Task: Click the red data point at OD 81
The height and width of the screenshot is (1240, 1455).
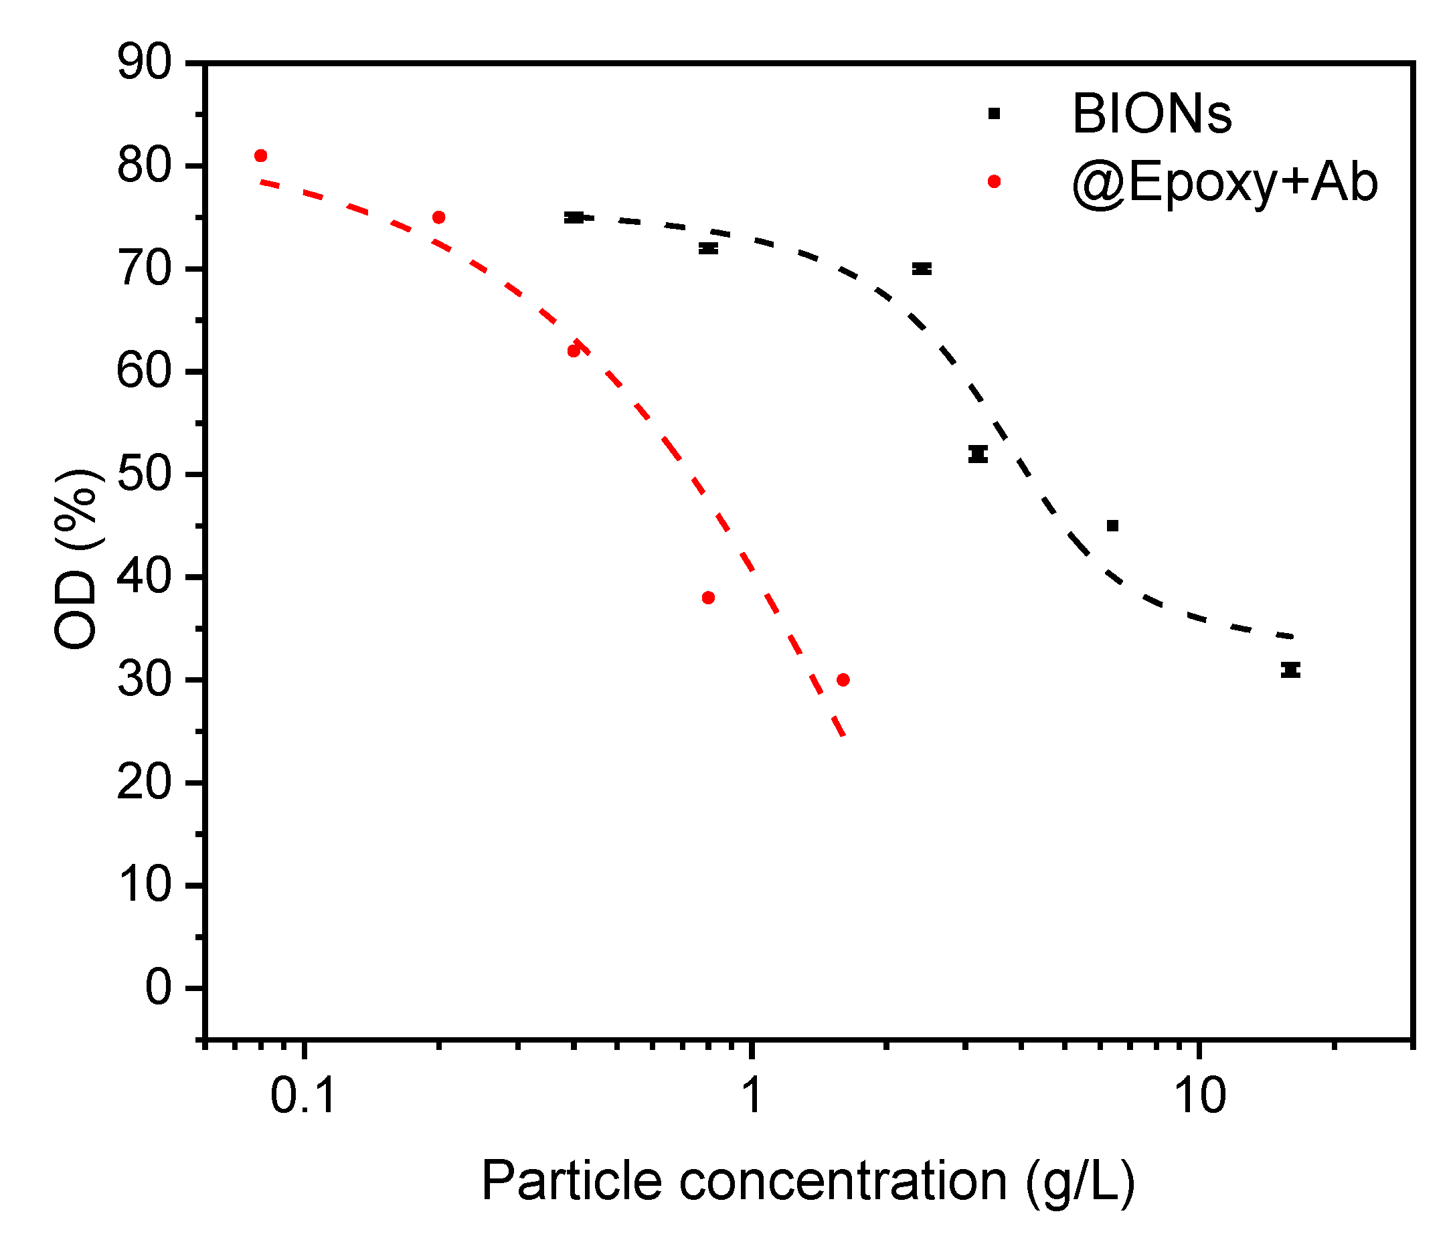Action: coord(260,156)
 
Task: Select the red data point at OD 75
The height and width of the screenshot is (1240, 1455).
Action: coord(439,217)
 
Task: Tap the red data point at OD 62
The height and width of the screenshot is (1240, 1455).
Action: coord(574,351)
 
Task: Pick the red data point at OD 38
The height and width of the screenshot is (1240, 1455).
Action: coord(709,598)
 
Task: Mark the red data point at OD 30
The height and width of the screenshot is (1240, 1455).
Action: coord(843,681)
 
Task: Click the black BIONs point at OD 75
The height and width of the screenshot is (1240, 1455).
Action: coord(574,217)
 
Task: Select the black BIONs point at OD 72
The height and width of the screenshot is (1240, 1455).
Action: coord(709,248)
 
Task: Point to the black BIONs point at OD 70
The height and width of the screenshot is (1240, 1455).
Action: coord(922,269)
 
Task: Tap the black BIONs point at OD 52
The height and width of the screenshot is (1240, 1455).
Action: coord(978,454)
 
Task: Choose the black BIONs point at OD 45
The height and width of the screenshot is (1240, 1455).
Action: coord(1112,526)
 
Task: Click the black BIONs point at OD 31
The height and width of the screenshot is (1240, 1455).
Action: coord(1290,670)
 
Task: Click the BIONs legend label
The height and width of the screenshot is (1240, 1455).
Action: coord(1152,114)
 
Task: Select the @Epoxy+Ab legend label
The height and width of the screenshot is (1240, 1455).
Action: coord(1225,183)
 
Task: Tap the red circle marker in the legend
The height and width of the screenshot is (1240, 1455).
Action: coord(995,182)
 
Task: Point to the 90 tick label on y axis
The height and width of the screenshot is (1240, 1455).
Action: coord(145,63)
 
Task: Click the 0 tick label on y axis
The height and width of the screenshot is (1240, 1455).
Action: coord(159,988)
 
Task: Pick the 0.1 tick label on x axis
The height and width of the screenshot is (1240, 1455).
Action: coord(303,1095)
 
